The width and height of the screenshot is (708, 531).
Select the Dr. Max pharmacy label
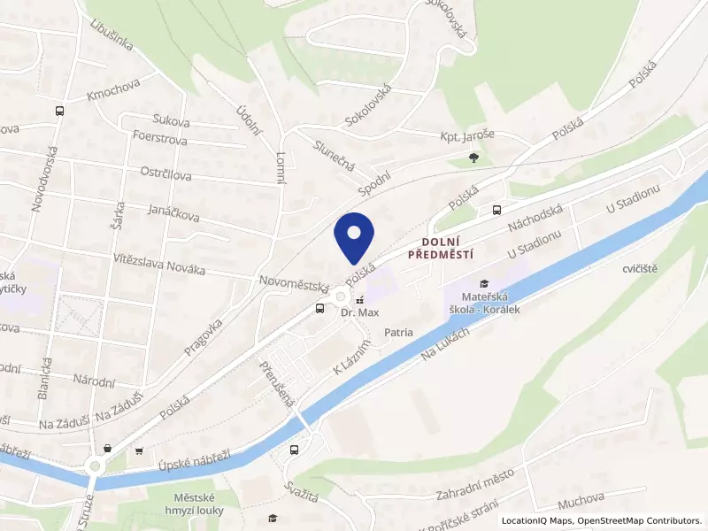tap(359, 312)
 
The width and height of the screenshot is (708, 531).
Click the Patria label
tap(399, 333)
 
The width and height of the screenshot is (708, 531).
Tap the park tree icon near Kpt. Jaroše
tap(476, 158)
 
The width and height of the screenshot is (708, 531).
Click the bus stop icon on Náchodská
tap(496, 210)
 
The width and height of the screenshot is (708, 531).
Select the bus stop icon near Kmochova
tap(59, 112)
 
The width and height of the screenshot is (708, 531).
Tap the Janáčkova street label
tap(173, 215)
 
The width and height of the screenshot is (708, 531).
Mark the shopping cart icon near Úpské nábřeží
tap(139, 451)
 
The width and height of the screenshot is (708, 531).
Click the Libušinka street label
tap(112, 35)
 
